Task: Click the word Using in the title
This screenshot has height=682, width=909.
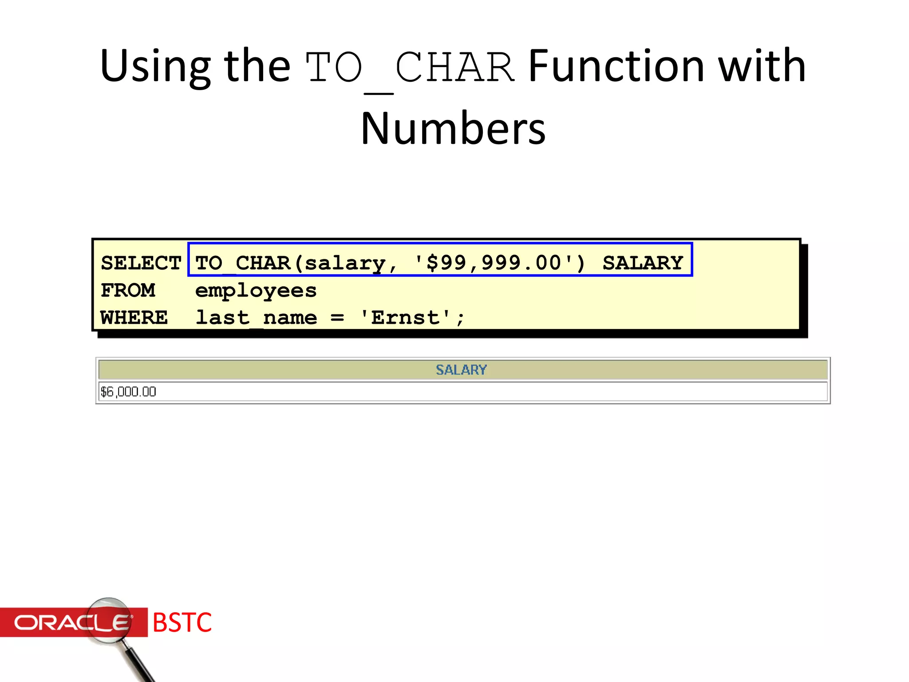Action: [155, 67]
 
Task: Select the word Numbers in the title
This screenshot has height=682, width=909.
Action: [453, 129]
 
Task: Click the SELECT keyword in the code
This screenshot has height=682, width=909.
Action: [141, 263]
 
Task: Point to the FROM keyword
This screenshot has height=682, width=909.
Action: [128, 290]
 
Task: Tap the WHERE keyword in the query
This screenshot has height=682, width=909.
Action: [134, 318]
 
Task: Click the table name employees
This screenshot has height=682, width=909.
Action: [256, 290]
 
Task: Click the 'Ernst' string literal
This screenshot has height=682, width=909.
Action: [405, 318]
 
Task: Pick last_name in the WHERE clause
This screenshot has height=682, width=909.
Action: [256, 318]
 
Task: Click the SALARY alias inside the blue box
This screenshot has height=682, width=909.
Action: [642, 263]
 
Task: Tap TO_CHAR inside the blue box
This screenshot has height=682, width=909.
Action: [242, 263]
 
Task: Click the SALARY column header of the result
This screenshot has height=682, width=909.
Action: [461, 369]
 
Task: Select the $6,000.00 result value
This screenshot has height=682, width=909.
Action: [128, 392]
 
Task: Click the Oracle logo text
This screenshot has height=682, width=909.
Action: [71, 623]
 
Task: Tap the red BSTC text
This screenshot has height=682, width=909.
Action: [182, 623]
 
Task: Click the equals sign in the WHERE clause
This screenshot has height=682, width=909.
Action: [337, 318]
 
